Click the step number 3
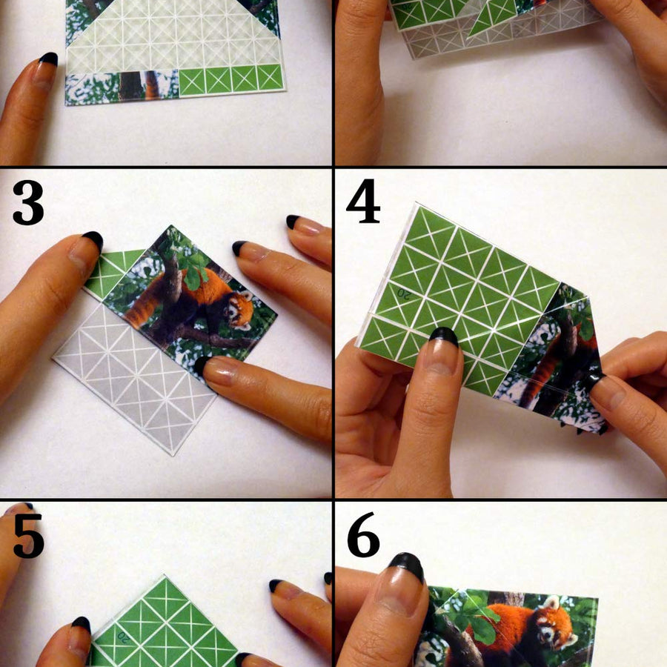tap(28, 202)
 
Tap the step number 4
tap(363, 201)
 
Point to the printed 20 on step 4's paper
tap(402, 293)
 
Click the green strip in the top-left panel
tap(231, 79)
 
